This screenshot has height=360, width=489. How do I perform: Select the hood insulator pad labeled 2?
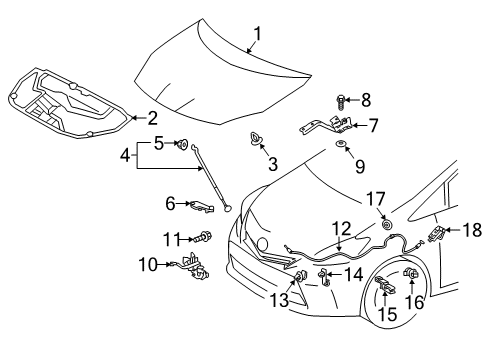click(x=60, y=100)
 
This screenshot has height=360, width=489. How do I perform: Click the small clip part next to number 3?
click(x=255, y=139)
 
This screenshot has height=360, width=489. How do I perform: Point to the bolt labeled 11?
click(x=342, y=256)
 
